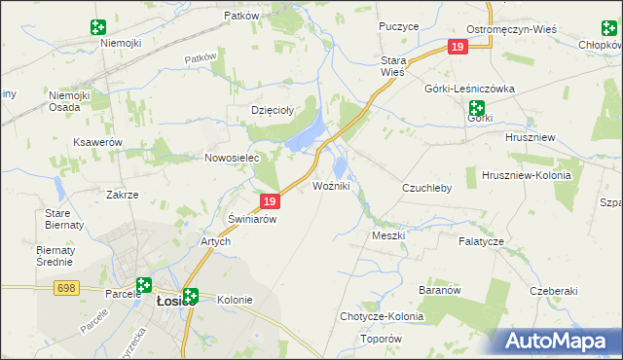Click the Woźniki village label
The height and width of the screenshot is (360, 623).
tap(331, 186)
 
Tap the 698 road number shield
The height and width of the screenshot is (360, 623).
tap(66, 288)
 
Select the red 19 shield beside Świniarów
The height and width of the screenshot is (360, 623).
tap(271, 201)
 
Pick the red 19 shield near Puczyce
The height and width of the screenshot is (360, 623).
tap(458, 47)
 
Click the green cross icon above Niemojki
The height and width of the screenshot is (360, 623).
tap(97, 27)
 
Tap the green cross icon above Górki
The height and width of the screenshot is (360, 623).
tap(476, 108)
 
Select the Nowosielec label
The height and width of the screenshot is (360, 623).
tap(230, 158)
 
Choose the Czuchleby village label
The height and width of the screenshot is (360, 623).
tap(427, 188)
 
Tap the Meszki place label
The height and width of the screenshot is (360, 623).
tap(387, 235)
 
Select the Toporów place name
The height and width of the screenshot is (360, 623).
tap(381, 339)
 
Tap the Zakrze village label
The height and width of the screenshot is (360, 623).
tap(122, 195)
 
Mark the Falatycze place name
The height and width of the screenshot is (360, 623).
tap(481, 240)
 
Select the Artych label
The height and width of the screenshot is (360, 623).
tap(215, 241)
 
